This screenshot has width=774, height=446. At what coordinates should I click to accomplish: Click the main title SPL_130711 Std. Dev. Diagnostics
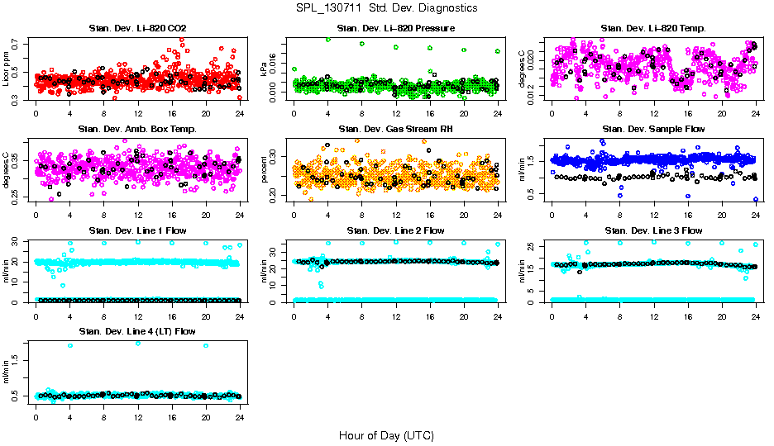(386, 7)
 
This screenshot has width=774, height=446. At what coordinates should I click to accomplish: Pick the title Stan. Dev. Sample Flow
(653, 130)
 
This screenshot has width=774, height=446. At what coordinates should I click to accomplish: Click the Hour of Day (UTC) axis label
(386, 435)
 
